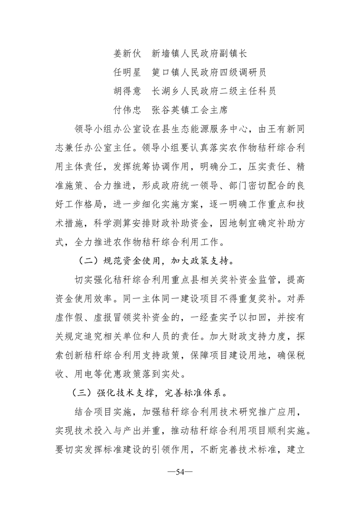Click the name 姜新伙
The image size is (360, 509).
[x=127, y=54]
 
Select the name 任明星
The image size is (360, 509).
[x=127, y=73]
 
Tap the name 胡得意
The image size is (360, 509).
[x=127, y=91]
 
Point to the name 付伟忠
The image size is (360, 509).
[x=127, y=110]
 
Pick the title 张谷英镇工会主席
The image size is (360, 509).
[x=190, y=110]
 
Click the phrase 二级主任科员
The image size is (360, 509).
[x=246, y=91]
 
